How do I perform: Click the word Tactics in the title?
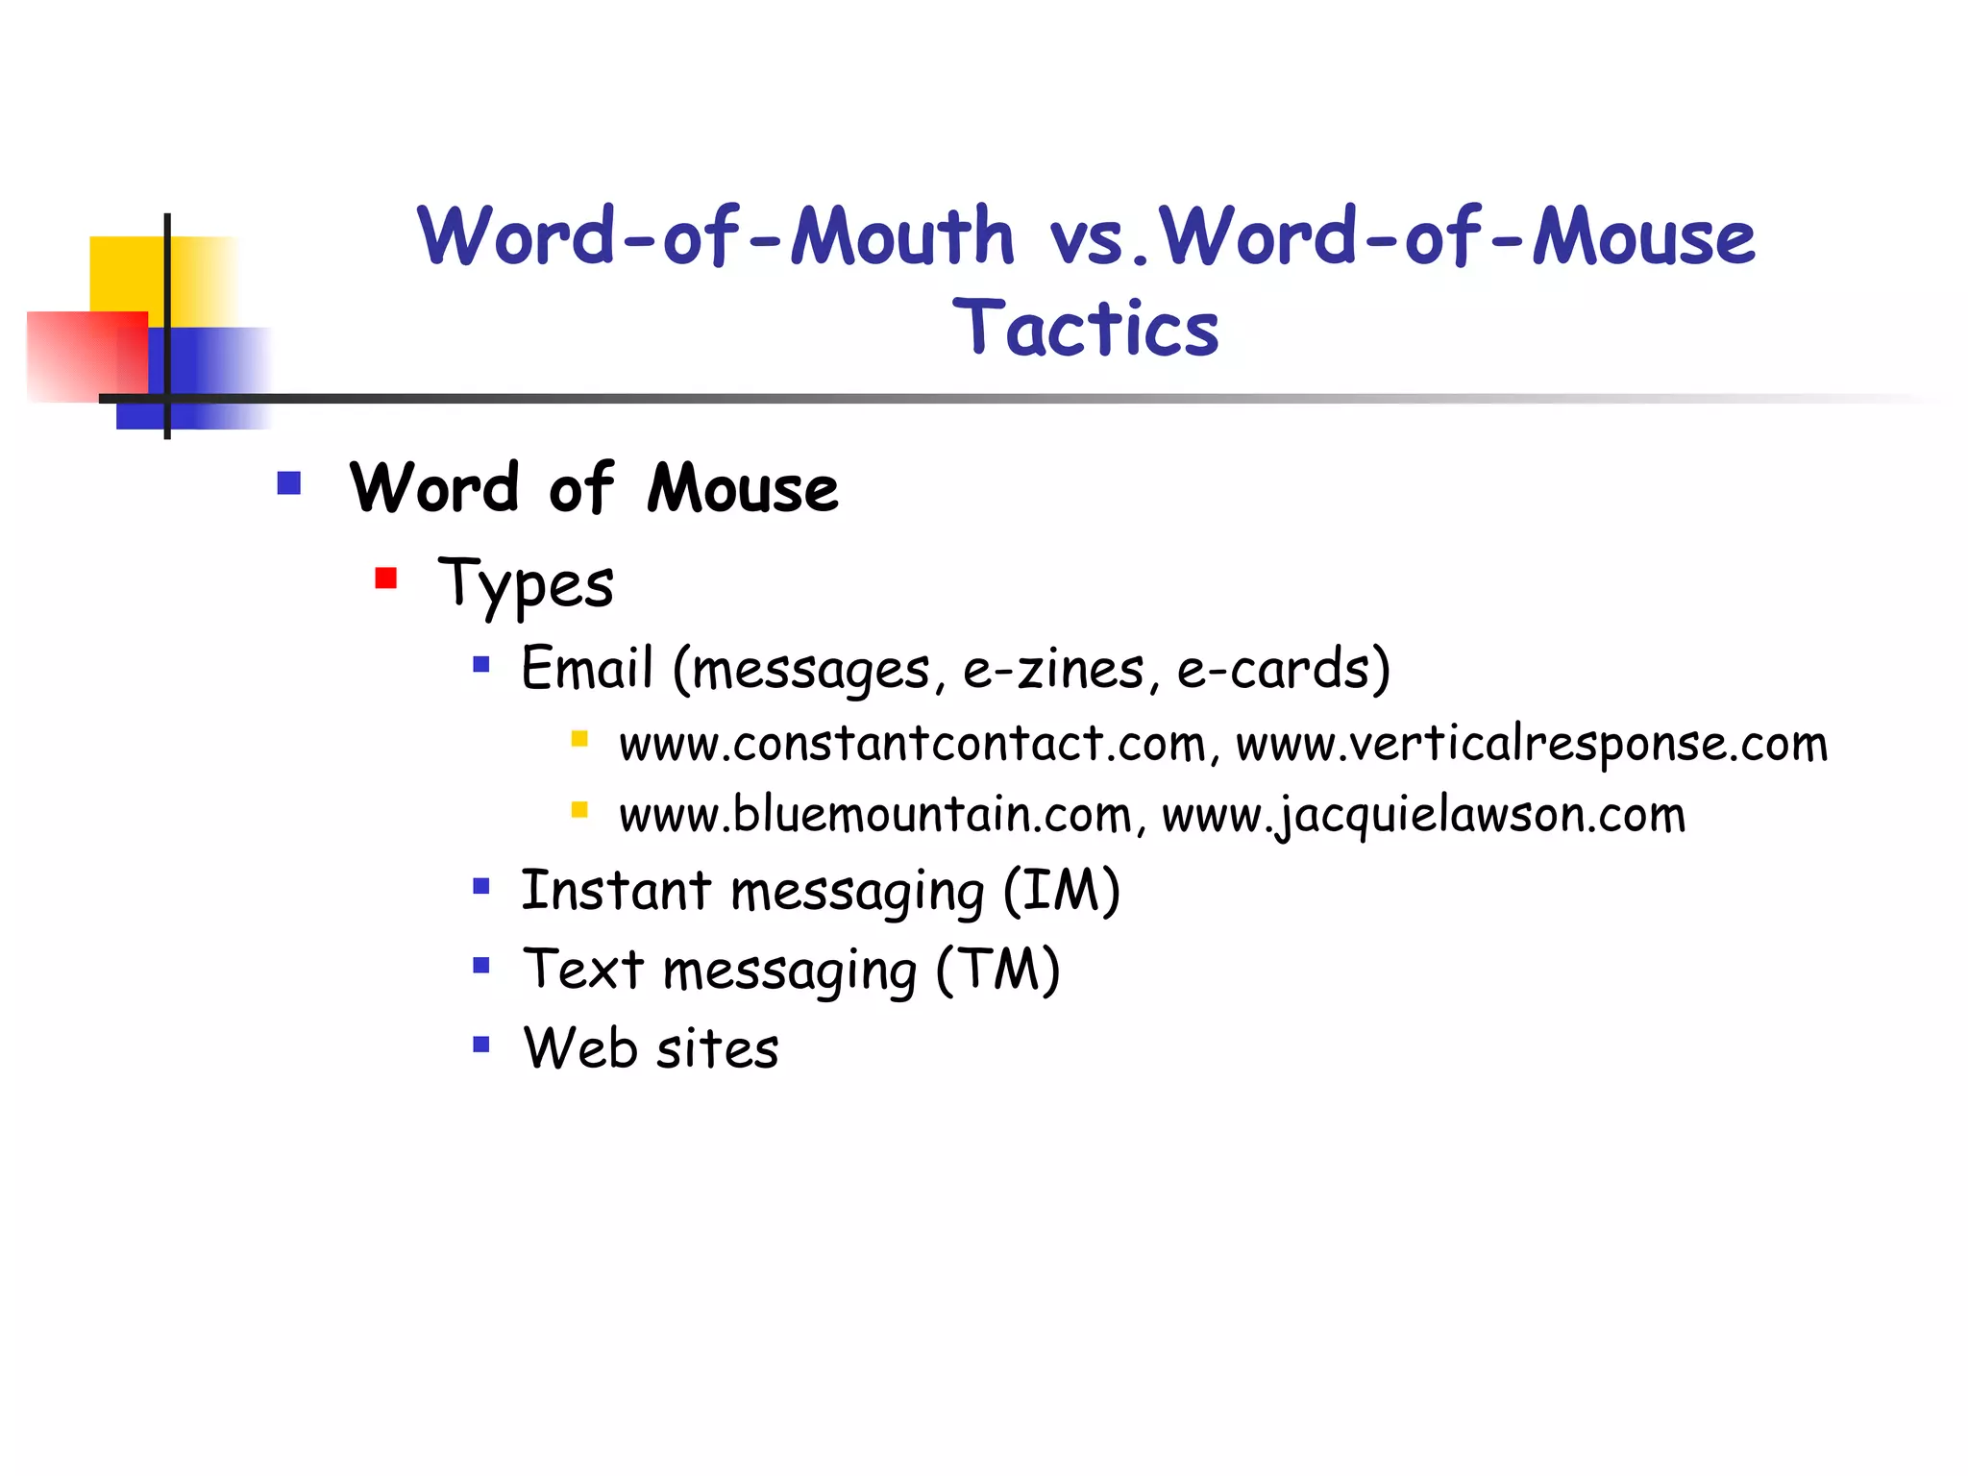[1085, 329]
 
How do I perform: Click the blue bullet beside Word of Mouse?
[289, 482]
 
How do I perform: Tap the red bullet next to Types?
[386, 578]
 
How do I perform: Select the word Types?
[526, 584]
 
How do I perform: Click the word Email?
[587, 668]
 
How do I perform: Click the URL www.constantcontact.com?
[912, 744]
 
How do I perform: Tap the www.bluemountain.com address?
[874, 815]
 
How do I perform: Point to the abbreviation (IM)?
[1061, 891]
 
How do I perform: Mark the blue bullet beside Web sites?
[481, 1044]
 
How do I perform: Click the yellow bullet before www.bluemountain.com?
[579, 809]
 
